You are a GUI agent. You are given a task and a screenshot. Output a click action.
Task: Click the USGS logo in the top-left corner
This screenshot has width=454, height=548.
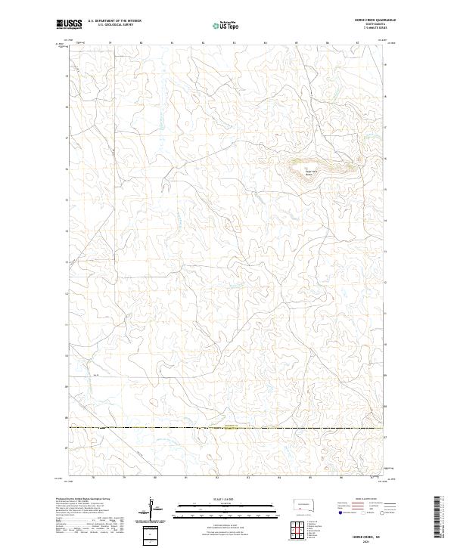click(x=70, y=24)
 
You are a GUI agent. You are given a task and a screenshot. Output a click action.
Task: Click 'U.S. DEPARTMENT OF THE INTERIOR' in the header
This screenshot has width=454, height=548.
click(x=115, y=21)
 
